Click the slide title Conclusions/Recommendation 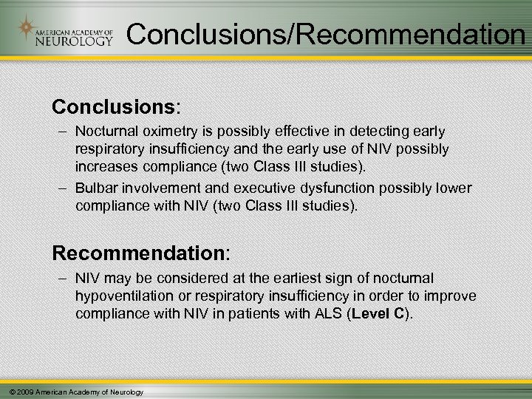click(x=325, y=33)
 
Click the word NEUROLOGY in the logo click(x=75, y=41)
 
